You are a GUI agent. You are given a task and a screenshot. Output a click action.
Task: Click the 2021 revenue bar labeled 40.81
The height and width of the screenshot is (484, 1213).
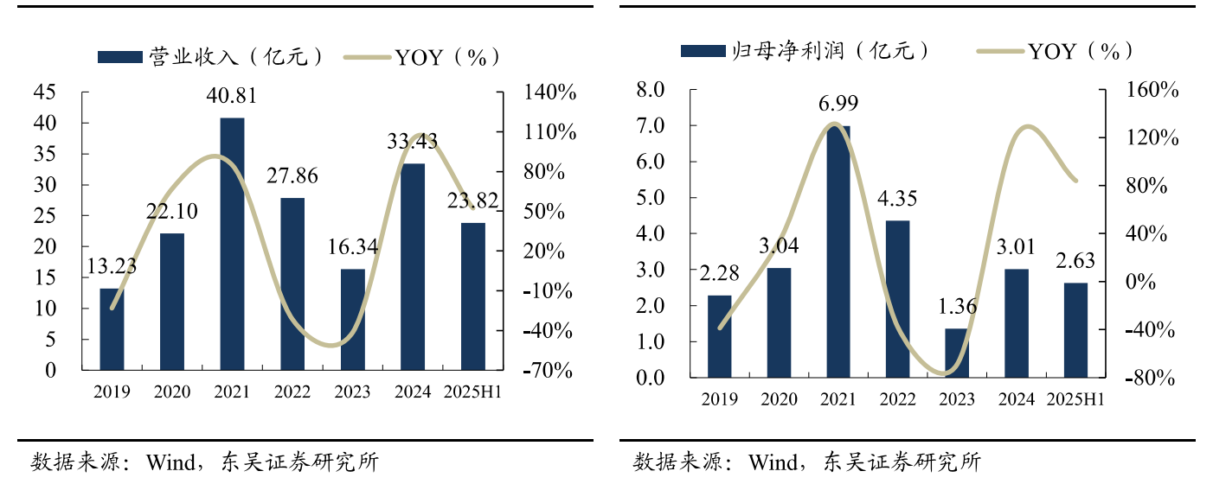[232, 244]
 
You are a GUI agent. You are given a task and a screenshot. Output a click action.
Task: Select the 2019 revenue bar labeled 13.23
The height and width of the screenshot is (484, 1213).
[112, 329]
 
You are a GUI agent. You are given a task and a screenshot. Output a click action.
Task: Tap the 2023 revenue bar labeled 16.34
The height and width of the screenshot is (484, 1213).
[352, 320]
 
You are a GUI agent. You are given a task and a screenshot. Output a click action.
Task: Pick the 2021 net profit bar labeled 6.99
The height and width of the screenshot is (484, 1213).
[837, 252]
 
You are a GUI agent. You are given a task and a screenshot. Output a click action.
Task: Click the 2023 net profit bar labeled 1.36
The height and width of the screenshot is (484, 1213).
[956, 353]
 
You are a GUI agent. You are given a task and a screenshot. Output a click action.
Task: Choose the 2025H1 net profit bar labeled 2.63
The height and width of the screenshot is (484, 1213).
[1075, 330]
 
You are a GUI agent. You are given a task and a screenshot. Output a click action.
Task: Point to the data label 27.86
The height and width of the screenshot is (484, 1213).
[292, 177]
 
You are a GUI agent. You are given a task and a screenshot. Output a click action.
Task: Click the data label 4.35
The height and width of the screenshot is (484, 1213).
[897, 200]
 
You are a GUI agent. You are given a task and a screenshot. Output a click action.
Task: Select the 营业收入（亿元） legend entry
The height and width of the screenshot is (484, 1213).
[212, 57]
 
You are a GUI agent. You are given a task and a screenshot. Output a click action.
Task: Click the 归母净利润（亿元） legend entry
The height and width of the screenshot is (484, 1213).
[805, 51]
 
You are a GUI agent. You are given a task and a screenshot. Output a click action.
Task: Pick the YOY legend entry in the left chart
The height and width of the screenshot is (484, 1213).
[422, 57]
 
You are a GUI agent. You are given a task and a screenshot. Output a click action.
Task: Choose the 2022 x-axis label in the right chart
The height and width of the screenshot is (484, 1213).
[897, 399]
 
